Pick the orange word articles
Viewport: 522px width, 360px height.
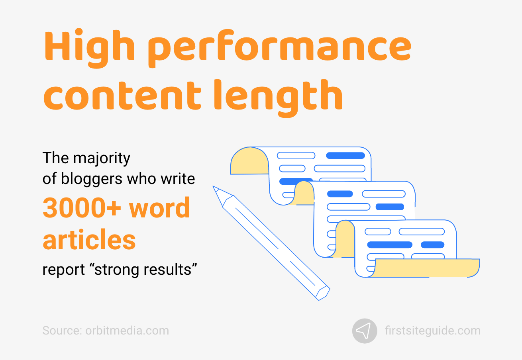(89, 240)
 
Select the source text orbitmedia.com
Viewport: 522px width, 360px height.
(127, 331)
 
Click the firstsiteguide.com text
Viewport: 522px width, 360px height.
(433, 331)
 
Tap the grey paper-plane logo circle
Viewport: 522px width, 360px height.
(365, 331)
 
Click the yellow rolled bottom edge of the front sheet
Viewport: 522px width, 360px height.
(426, 268)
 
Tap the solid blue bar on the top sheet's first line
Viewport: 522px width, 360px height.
(345, 156)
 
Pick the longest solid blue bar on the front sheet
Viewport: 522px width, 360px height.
(389, 245)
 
